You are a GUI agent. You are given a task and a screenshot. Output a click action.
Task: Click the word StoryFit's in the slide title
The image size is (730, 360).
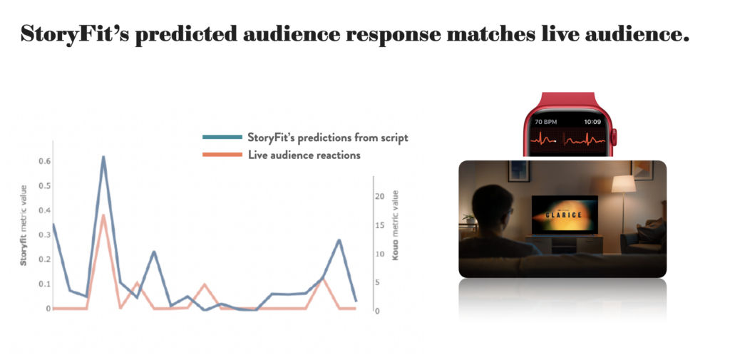coord(74,34)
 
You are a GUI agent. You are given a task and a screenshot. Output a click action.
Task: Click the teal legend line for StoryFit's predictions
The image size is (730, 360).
coord(222,137)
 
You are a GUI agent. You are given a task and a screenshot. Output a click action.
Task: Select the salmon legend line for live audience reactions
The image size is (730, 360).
coord(222,155)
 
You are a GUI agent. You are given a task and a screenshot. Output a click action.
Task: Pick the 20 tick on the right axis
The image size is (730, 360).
coord(379,197)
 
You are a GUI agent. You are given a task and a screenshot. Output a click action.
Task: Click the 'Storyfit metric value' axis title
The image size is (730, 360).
coord(24,225)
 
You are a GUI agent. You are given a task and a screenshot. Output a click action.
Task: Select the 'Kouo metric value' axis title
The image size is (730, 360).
coord(395,225)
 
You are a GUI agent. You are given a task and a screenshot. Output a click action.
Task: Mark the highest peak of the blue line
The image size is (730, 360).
coord(103,158)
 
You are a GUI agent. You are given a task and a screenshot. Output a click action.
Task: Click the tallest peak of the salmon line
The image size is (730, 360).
coord(103,215)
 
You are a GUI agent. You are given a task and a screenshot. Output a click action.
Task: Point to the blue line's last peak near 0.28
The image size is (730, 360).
coord(339,240)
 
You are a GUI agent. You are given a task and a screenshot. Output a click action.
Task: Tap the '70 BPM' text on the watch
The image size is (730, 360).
coord(546,122)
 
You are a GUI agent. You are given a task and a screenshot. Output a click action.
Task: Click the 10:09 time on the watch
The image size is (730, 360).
coord(593,122)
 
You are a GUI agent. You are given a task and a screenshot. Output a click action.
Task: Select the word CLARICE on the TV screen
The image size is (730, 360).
coord(565,215)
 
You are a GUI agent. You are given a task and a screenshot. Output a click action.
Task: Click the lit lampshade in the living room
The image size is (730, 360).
coord(623,184)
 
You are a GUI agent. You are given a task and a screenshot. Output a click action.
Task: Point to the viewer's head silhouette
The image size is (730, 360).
coord(492,205)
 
